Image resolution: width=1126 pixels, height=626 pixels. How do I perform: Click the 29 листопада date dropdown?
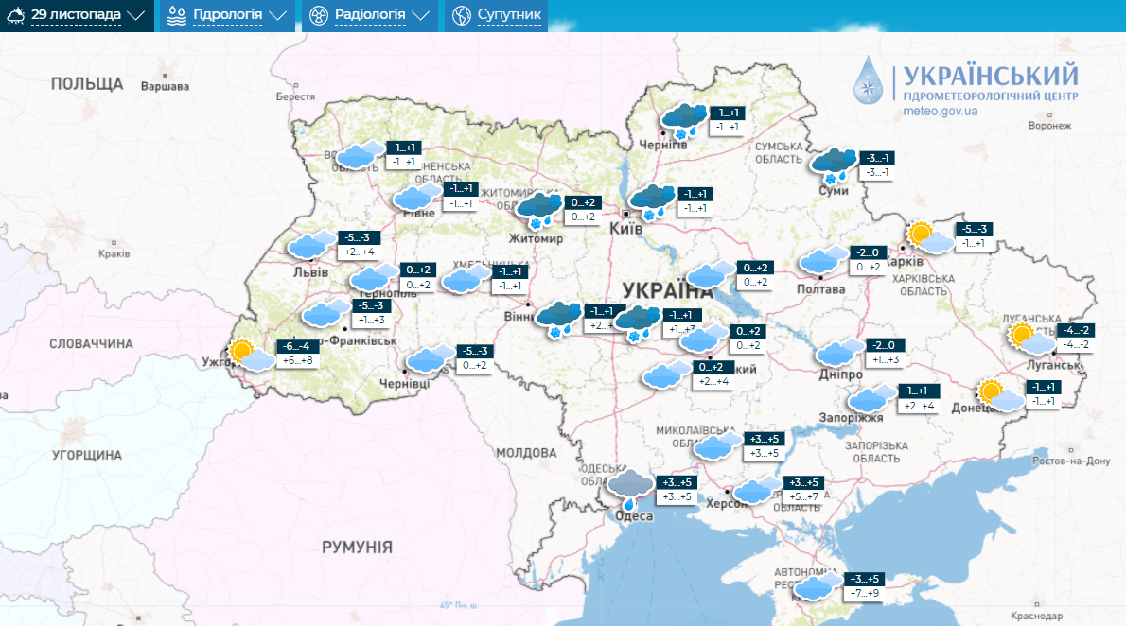point(77,15)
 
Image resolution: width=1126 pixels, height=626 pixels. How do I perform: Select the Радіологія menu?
point(369,15)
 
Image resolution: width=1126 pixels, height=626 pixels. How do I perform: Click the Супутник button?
point(498,15)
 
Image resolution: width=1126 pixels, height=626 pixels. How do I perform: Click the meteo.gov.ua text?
point(941,111)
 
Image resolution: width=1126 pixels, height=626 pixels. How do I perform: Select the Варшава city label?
point(164,87)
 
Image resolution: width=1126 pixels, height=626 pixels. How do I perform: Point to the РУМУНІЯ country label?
point(357,547)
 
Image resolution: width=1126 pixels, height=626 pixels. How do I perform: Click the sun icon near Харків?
point(920,233)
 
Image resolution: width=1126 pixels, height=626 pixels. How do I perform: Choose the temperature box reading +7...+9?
point(864,594)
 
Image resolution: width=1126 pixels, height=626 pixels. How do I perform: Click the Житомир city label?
point(536,239)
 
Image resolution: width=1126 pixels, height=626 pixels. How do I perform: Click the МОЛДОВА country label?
point(525,452)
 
